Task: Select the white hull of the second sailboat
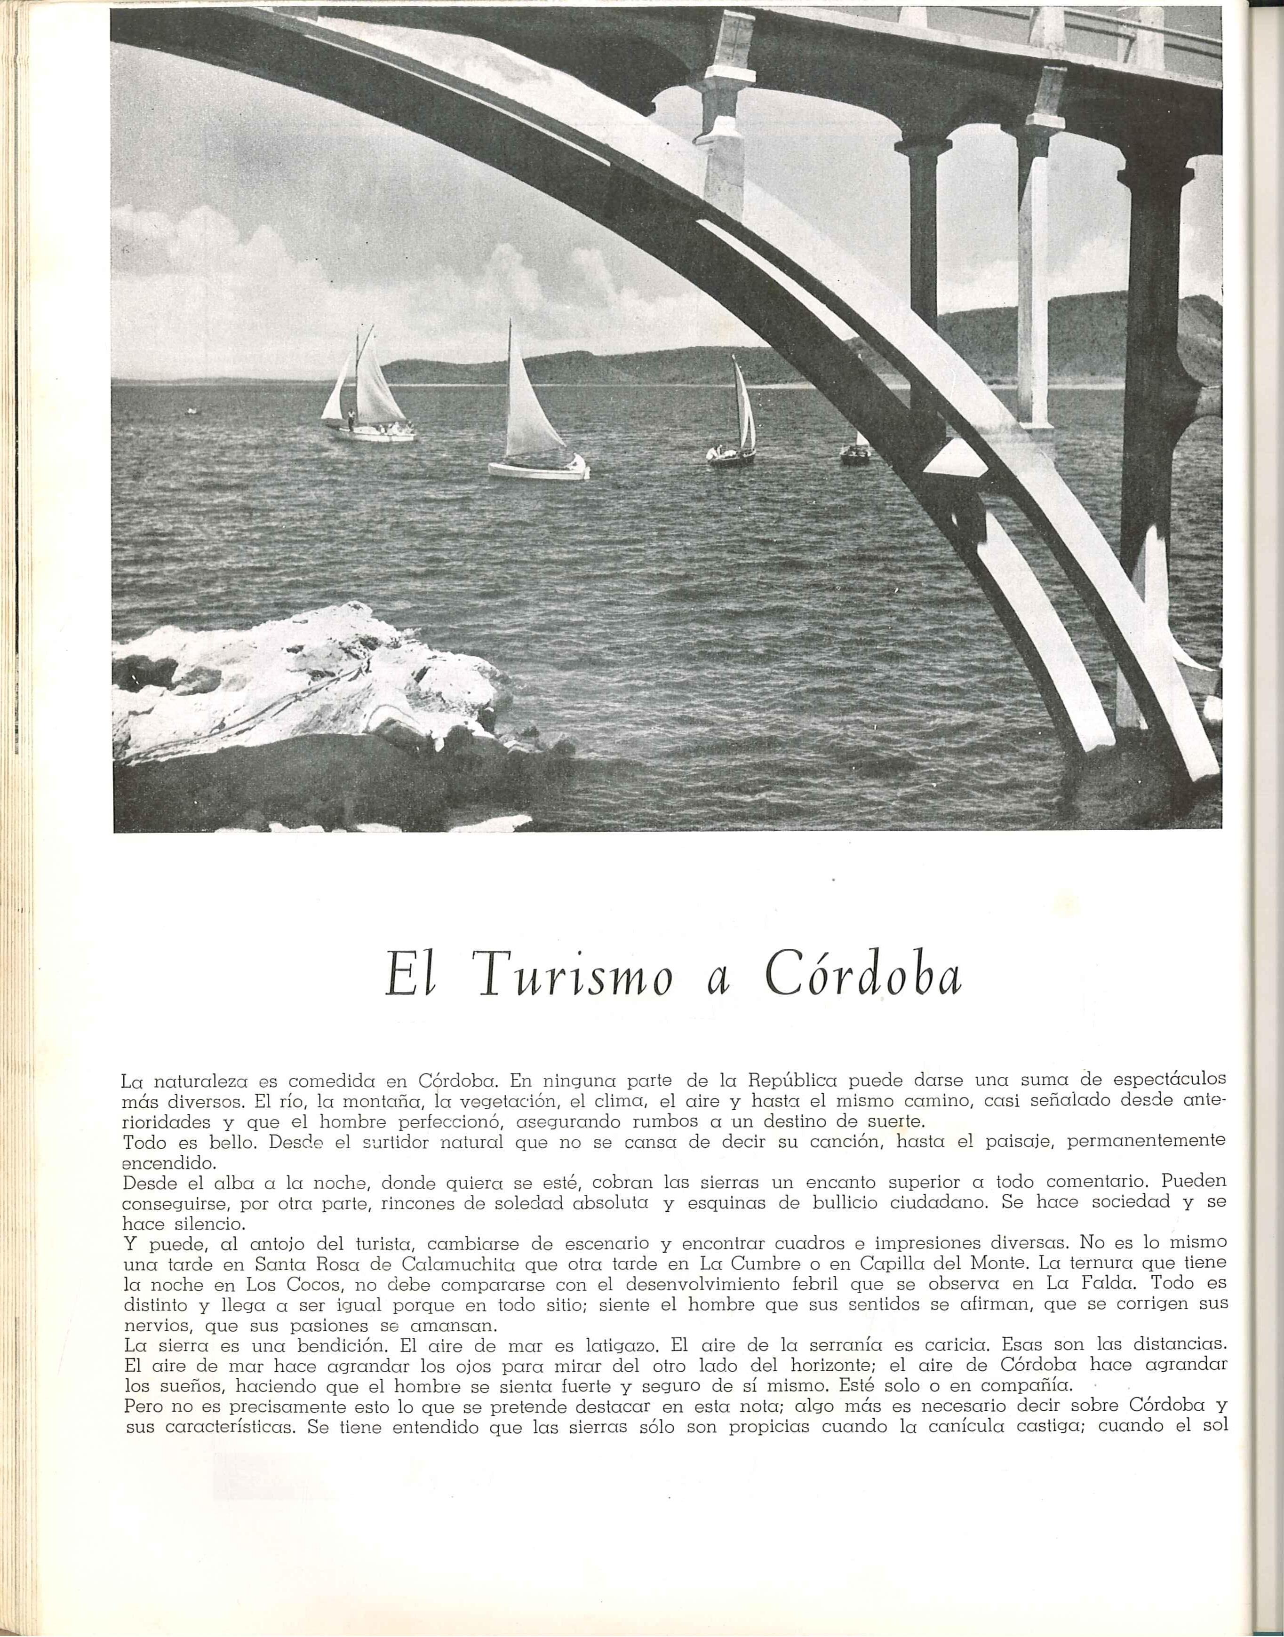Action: coord(537,470)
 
